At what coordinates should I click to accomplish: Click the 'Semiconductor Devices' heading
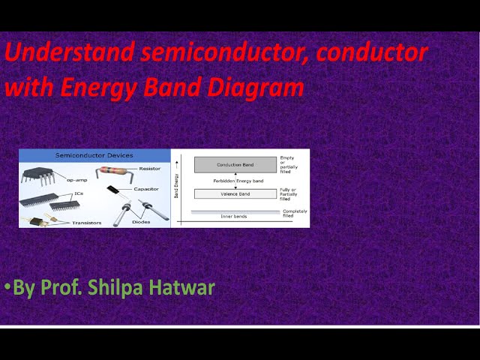[94, 155]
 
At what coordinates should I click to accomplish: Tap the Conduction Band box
[235, 164]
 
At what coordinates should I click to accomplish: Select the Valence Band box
[235, 193]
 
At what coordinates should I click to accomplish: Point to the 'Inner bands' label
[235, 216]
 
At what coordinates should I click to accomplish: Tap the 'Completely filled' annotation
[295, 213]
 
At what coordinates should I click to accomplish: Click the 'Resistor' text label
[149, 169]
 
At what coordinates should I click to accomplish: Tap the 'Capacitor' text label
[148, 189]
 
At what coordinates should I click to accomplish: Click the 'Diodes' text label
[140, 222]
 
